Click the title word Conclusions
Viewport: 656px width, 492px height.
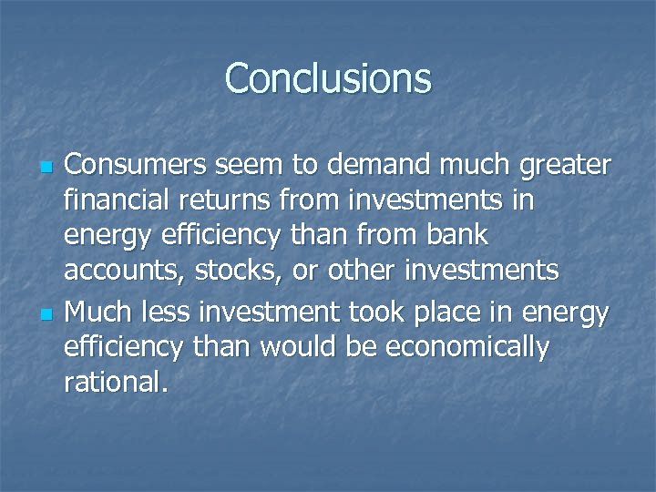click(328, 78)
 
